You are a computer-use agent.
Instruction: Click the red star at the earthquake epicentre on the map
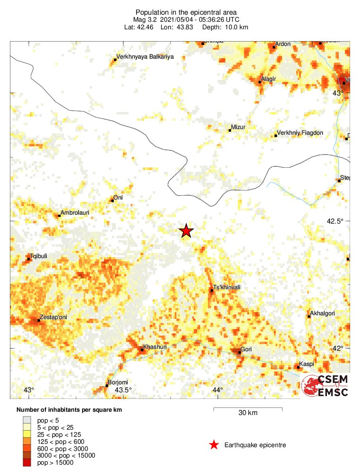(187, 231)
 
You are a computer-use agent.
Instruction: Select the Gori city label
(246, 350)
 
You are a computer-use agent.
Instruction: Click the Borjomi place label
(118, 382)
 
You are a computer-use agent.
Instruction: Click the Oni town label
(119, 198)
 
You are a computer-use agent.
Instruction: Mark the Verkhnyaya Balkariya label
(145, 57)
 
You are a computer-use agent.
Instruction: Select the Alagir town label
(268, 78)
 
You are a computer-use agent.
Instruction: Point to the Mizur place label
(238, 127)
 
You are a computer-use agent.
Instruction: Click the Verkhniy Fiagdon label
(300, 133)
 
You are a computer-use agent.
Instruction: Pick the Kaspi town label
(307, 364)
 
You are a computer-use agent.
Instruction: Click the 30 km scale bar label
(248, 413)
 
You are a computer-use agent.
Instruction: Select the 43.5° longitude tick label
(123, 390)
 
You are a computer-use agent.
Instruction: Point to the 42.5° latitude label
(336, 221)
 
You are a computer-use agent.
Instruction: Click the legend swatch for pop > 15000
(26, 463)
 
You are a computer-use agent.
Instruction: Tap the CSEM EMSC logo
(326, 385)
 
